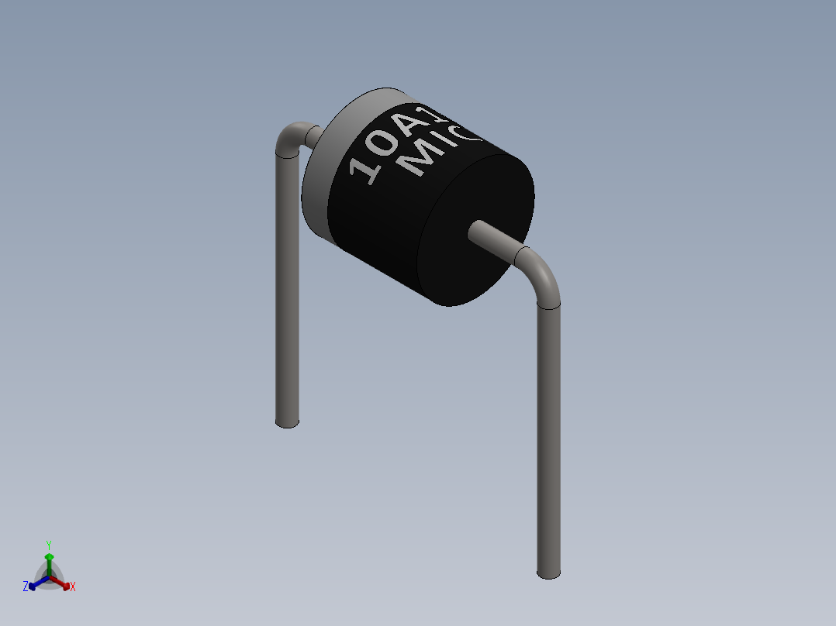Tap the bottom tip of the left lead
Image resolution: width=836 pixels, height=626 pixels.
287,421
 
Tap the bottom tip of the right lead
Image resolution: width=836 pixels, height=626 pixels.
548,573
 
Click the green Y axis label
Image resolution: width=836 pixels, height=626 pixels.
49,544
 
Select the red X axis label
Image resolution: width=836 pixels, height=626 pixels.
73,587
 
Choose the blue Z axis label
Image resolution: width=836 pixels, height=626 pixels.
26,587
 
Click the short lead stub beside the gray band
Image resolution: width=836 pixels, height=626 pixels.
314,137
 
